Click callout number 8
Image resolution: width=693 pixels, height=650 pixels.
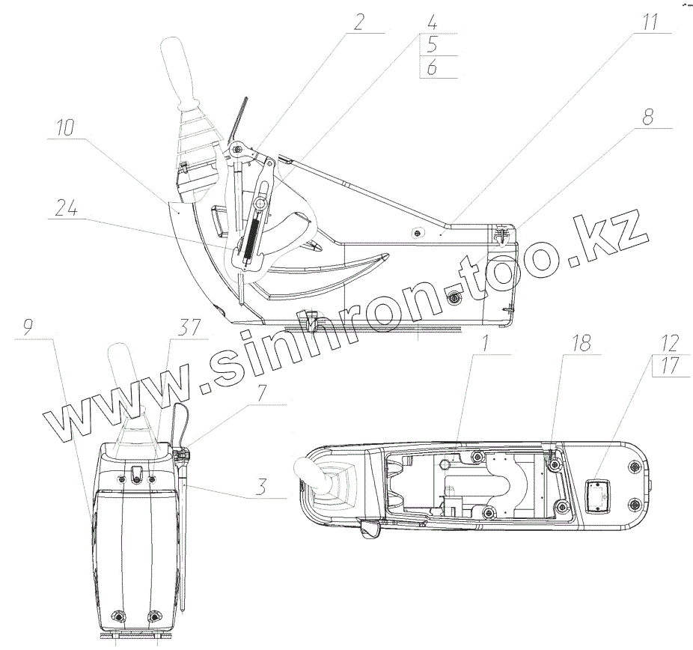click(647, 118)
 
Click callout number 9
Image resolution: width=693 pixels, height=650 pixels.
click(27, 326)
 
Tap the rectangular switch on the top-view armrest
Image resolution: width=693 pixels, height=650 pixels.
click(598, 496)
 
